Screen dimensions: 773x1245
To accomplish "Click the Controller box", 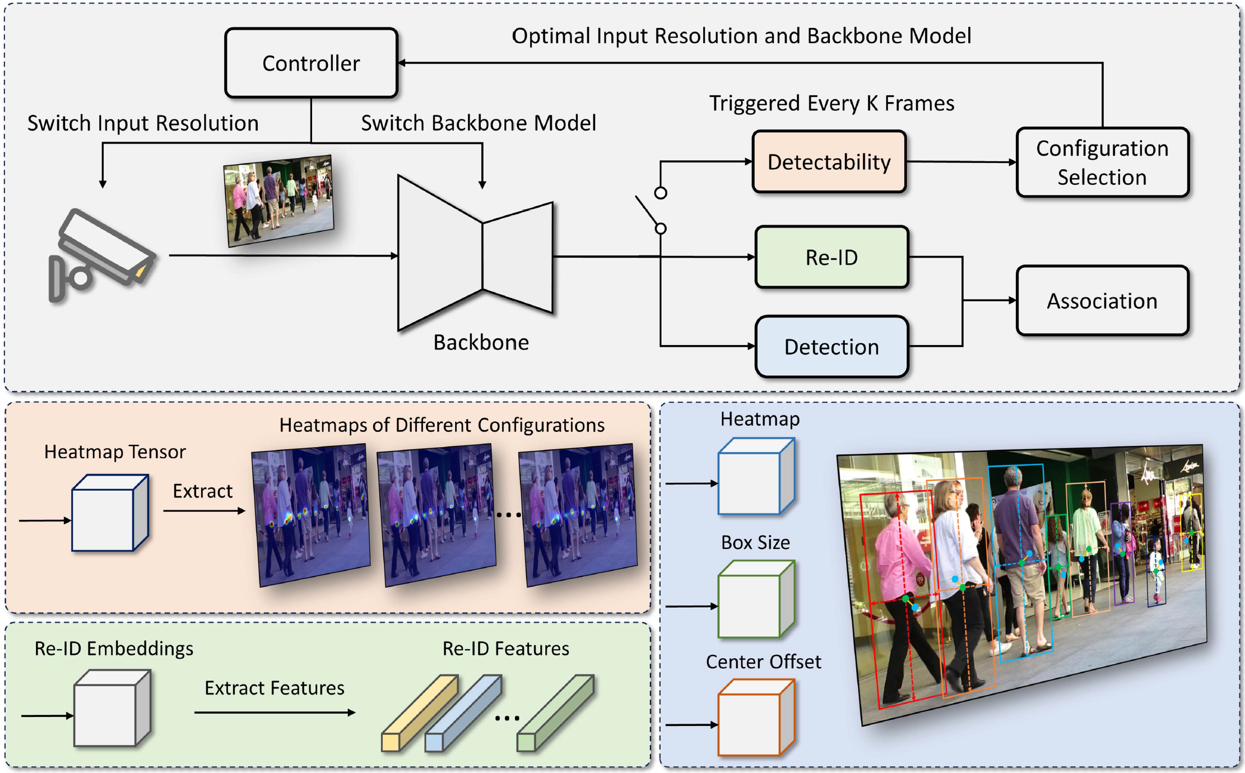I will click(311, 63).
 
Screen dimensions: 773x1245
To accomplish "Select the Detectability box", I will click(829, 162).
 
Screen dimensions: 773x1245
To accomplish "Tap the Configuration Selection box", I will click(1102, 162).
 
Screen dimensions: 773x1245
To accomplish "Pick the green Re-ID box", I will click(831, 257).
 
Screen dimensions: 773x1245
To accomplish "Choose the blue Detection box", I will click(831, 347).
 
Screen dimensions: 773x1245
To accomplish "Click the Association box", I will click(1102, 301).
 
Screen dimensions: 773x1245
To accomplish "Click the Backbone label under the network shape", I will click(481, 342).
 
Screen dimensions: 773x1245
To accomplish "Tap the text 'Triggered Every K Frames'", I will click(831, 104).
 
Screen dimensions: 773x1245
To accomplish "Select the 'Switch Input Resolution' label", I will click(143, 123).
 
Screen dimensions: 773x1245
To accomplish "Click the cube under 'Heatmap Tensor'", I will click(110, 513).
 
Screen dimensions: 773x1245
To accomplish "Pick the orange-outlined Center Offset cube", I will click(756, 718).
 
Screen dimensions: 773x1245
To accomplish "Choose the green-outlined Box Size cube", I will click(756, 599).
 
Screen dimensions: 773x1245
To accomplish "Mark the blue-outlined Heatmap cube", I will click(756, 477).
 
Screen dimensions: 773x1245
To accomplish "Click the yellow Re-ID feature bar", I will click(419, 713).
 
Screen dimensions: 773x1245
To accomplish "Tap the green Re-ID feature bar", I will click(555, 713).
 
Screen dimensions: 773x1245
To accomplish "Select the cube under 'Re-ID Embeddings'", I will click(112, 709).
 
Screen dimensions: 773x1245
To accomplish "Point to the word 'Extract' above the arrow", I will click(202, 491).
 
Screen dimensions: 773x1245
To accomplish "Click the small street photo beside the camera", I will click(278, 201).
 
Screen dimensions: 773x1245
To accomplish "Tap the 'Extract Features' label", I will click(274, 688).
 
